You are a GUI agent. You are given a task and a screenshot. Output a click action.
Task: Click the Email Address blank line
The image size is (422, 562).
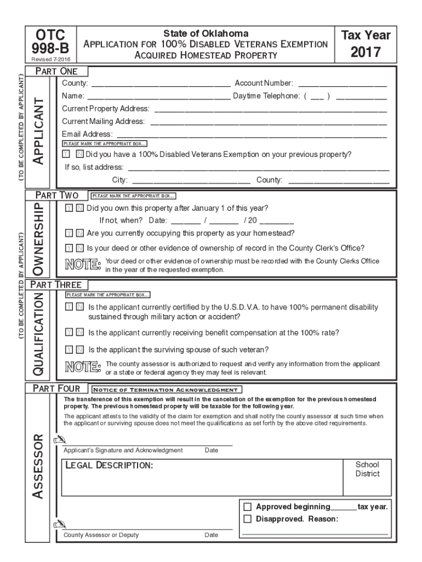pyautogui.click(x=252, y=135)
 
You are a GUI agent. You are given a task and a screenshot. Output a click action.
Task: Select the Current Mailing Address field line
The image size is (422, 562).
pyautogui.click(x=268, y=122)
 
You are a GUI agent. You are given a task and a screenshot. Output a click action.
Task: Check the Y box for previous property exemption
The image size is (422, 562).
pyautogui.click(x=66, y=155)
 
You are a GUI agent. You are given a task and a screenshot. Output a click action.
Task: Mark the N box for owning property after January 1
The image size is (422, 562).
pyautogui.click(x=79, y=209)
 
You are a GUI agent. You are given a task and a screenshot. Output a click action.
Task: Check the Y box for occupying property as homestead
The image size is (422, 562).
pyautogui.click(x=68, y=233)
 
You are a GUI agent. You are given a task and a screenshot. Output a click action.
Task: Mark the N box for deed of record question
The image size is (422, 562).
pyautogui.click(x=79, y=248)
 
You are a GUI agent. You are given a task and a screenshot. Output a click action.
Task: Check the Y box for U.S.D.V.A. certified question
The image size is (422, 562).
pyautogui.click(x=68, y=308)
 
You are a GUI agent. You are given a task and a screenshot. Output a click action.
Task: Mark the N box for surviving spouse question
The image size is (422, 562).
pyautogui.click(x=79, y=349)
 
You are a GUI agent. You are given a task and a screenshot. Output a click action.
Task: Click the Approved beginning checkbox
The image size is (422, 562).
pyautogui.click(x=247, y=507)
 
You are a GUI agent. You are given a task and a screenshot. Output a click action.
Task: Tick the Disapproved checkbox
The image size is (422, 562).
pyautogui.click(x=247, y=519)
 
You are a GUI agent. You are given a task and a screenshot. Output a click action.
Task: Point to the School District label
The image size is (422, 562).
pyautogui.click(x=367, y=469)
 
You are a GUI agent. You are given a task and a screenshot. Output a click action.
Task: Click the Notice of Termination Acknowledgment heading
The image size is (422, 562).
pyautogui.click(x=164, y=389)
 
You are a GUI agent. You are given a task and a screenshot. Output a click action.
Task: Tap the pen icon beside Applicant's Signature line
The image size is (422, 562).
pyautogui.click(x=58, y=440)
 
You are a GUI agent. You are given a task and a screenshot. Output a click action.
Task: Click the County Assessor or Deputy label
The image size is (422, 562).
pyautogui.click(x=101, y=535)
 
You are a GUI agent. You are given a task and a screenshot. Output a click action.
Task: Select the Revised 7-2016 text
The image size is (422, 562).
pyautogui.click(x=50, y=59)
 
